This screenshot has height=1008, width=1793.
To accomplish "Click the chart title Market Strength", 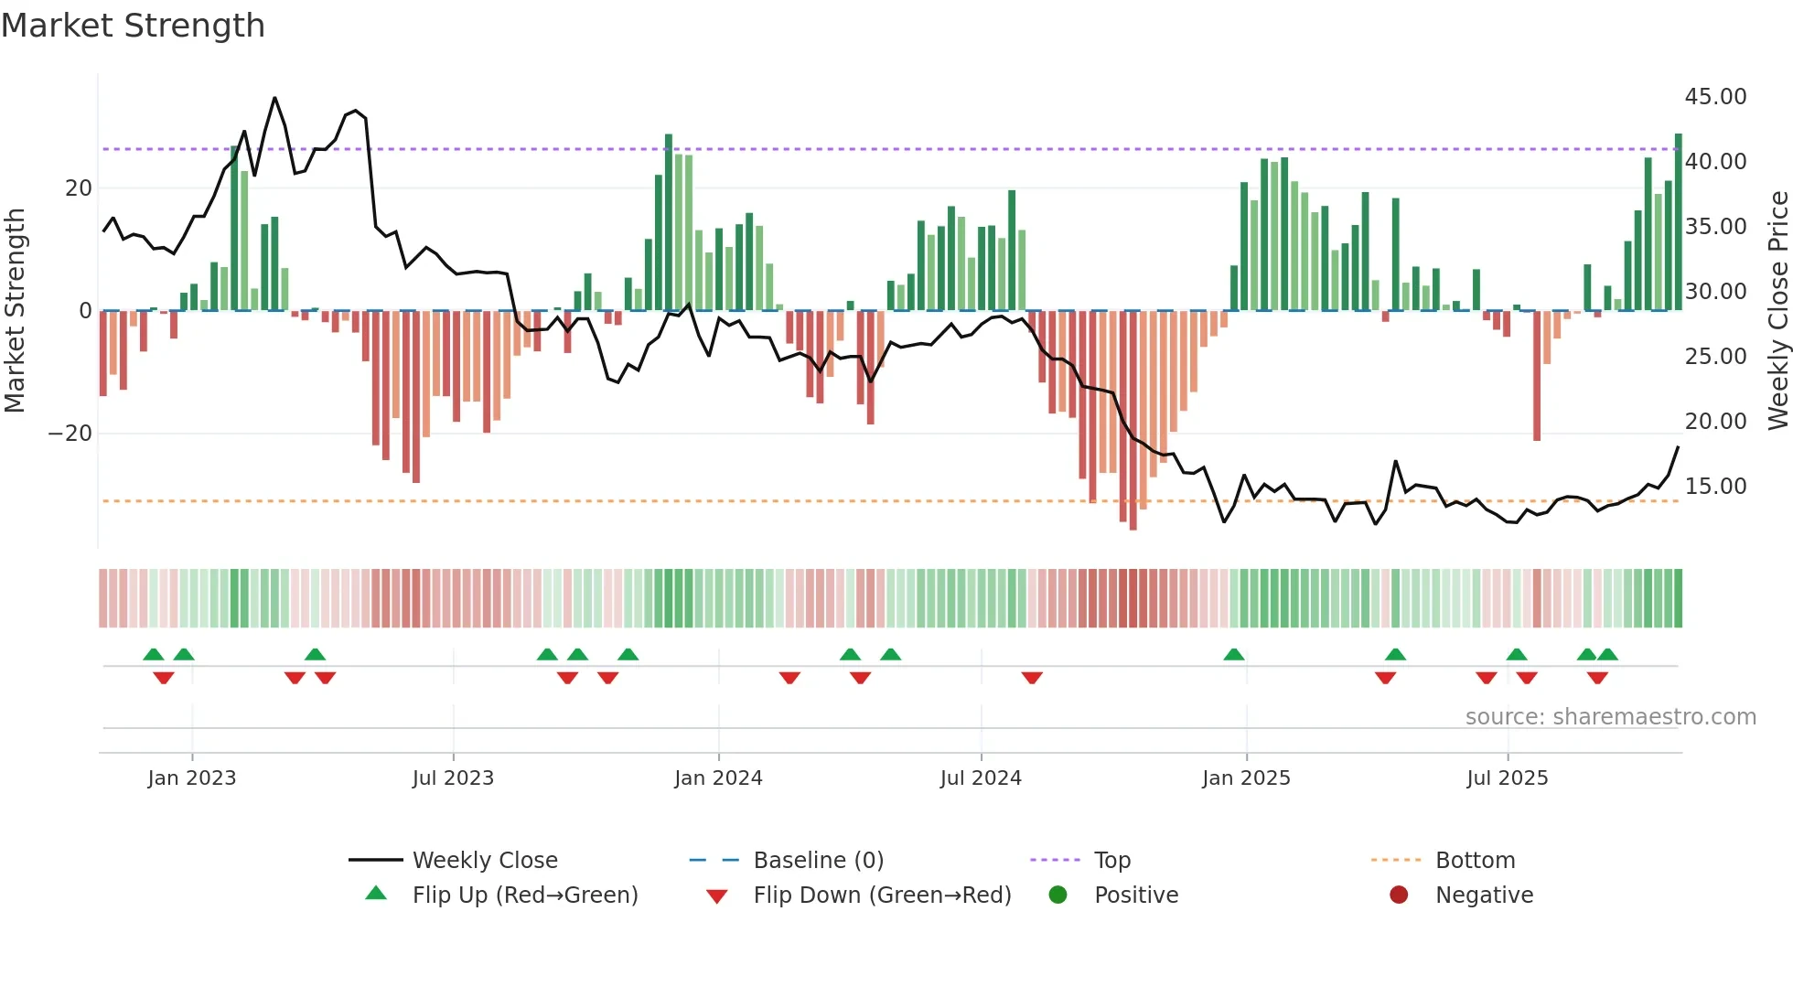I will coord(134,26).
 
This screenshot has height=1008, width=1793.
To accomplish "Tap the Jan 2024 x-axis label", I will coord(718,778).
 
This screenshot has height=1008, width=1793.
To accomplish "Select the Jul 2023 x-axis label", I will coord(453,778).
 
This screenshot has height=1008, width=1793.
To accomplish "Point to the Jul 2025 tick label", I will coord(1507,778).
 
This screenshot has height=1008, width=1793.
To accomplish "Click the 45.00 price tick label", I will coord(1715,97).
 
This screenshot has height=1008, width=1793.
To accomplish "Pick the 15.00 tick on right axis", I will coord(1715,487).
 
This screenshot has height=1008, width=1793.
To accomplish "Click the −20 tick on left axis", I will coord(70,434).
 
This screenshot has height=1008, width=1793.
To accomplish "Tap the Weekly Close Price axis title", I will coord(1777,311).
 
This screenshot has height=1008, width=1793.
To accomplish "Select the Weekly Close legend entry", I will coord(485,861).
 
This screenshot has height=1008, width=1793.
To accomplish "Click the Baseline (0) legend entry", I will coord(818,861).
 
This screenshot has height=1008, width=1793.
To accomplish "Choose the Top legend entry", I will coord(1112,861).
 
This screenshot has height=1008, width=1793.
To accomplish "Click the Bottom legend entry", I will coord(1475,861).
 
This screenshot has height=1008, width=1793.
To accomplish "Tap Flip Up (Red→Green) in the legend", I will coord(524,895).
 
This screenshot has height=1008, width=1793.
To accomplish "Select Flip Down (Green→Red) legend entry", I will coord(882,895).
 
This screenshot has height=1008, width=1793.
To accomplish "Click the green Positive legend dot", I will coord(1058,895).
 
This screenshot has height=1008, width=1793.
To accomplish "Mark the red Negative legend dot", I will coord(1399,895).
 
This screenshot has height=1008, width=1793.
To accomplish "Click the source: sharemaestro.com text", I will coord(1610,717).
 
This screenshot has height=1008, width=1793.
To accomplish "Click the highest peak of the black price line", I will coord(274,99).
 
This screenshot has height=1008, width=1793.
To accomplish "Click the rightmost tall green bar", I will coord(1678,224).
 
